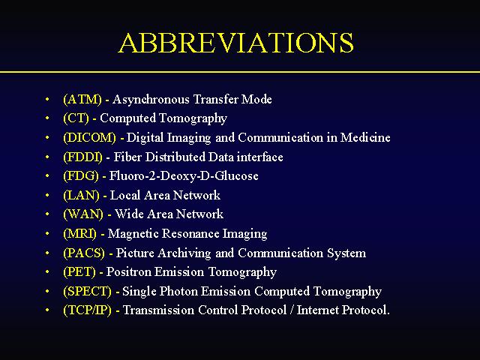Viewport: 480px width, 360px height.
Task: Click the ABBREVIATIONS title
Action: [236, 43]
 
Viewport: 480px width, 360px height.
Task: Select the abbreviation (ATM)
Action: [82, 100]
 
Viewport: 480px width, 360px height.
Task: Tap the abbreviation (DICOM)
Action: [90, 138]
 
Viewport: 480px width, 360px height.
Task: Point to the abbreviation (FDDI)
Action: [82, 157]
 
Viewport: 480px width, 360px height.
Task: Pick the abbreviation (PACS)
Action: [84, 253]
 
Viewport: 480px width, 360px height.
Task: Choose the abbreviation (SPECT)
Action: [87, 292]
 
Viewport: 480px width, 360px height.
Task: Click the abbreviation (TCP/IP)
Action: [87, 310]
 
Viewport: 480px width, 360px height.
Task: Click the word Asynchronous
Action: [151, 100]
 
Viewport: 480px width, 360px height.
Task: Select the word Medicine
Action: [365, 137]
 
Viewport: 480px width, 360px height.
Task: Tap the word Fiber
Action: [127, 157]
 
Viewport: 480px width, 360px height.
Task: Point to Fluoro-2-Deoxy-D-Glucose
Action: [184, 176]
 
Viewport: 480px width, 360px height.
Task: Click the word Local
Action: [125, 195]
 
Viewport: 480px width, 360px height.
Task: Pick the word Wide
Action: [129, 214]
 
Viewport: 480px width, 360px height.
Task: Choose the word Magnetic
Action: [133, 234]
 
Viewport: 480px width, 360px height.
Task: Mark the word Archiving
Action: [184, 253]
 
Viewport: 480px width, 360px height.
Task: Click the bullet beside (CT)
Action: [47, 118]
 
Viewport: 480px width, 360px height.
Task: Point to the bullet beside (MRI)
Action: [47, 233]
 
